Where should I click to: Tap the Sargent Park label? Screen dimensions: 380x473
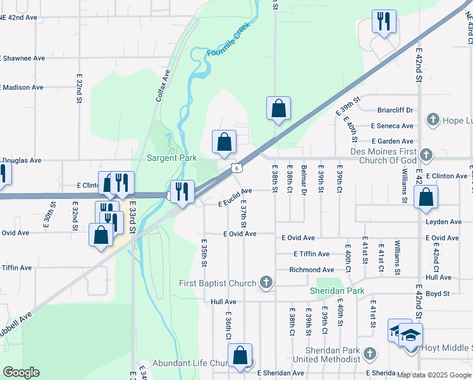172,158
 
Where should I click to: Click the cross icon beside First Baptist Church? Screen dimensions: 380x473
267,282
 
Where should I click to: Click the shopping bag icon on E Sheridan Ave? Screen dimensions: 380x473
240,357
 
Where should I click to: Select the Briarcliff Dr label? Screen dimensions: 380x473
395,110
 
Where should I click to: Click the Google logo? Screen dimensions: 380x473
21,372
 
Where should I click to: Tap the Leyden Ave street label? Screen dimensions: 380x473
443,222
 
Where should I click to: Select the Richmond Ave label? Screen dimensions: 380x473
312,270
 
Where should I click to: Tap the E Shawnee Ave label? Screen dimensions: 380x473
23,58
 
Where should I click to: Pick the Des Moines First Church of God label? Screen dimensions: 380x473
383,156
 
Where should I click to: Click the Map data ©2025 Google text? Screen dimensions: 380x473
434,374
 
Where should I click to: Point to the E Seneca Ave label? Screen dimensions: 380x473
392,126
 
